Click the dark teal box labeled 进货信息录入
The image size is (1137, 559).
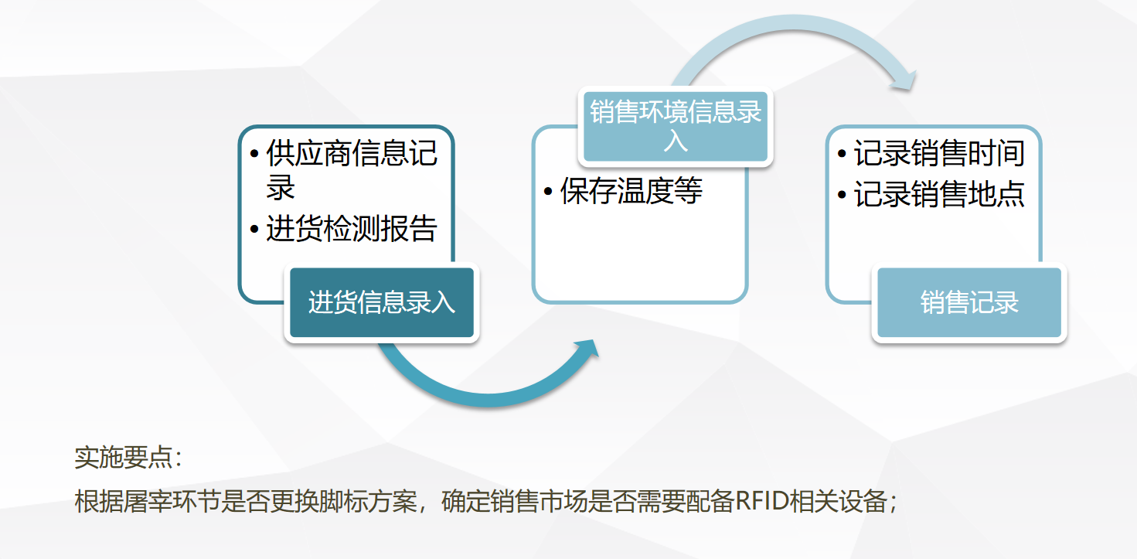[x=382, y=302]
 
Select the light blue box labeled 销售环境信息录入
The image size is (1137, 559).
[x=676, y=127]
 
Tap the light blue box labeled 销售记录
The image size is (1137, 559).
[x=969, y=302]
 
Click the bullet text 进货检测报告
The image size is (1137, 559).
[x=351, y=229]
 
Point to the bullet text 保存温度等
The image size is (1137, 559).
[x=631, y=191]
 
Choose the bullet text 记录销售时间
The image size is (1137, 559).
[x=939, y=153]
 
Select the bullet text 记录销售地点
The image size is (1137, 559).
[x=939, y=194]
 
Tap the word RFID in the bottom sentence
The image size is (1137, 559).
[x=761, y=501]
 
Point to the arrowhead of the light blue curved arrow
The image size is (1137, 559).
[x=904, y=81]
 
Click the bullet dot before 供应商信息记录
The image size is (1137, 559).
[x=255, y=153]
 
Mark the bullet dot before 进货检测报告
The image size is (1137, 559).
[x=255, y=229]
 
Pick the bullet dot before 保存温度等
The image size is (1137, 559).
[x=548, y=192]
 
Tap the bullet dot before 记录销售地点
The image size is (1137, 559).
[x=842, y=195]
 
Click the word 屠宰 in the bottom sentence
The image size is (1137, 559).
[x=148, y=501]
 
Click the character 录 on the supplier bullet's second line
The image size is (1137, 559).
[x=280, y=187]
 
